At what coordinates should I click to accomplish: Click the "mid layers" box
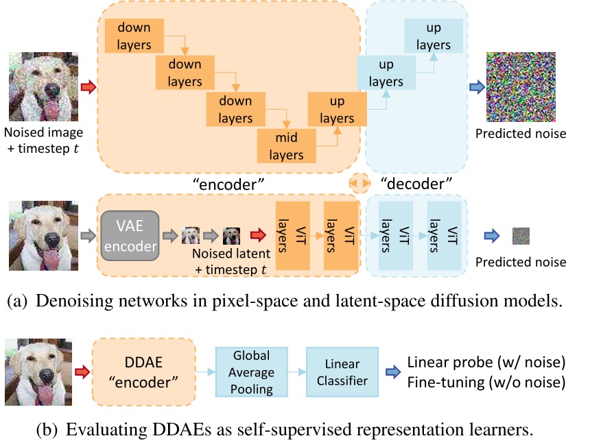coord(286,145)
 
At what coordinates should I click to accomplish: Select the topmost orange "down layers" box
coord(134,36)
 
